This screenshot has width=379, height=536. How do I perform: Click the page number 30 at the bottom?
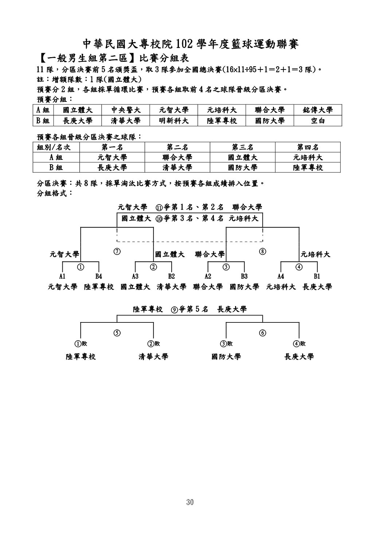pyautogui.click(x=189, y=503)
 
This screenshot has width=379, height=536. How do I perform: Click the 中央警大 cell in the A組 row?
pyautogui.click(x=126, y=110)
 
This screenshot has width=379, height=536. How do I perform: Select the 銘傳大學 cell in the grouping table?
pyautogui.click(x=318, y=110)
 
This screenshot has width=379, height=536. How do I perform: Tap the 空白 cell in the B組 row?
pyautogui.click(x=318, y=121)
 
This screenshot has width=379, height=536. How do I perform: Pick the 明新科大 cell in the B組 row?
pyautogui.click(x=174, y=121)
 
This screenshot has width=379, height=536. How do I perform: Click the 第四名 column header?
pyautogui.click(x=308, y=147)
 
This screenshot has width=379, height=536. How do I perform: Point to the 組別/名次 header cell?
pyautogui.click(x=56, y=147)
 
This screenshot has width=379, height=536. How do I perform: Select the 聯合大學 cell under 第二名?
pyautogui.click(x=177, y=158)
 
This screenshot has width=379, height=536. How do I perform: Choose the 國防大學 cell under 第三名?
pyautogui.click(x=242, y=167)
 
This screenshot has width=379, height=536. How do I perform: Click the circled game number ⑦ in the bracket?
pyautogui.click(x=117, y=251)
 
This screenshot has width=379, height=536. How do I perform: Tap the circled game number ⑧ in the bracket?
pyautogui.click(x=263, y=251)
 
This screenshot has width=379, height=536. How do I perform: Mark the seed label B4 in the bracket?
pyautogui.click(x=99, y=277)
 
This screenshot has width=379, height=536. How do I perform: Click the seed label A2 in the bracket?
pyautogui.click(x=208, y=277)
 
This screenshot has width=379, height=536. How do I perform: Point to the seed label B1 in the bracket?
pyautogui.click(x=317, y=277)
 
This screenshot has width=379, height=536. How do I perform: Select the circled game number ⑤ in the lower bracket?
pyautogui.click(x=117, y=333)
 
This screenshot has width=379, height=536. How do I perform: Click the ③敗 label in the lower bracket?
pyautogui.click(x=226, y=344)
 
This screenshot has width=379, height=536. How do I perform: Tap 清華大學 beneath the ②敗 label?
pyautogui.click(x=153, y=357)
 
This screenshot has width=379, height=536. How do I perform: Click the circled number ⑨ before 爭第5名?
pyautogui.click(x=175, y=309)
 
